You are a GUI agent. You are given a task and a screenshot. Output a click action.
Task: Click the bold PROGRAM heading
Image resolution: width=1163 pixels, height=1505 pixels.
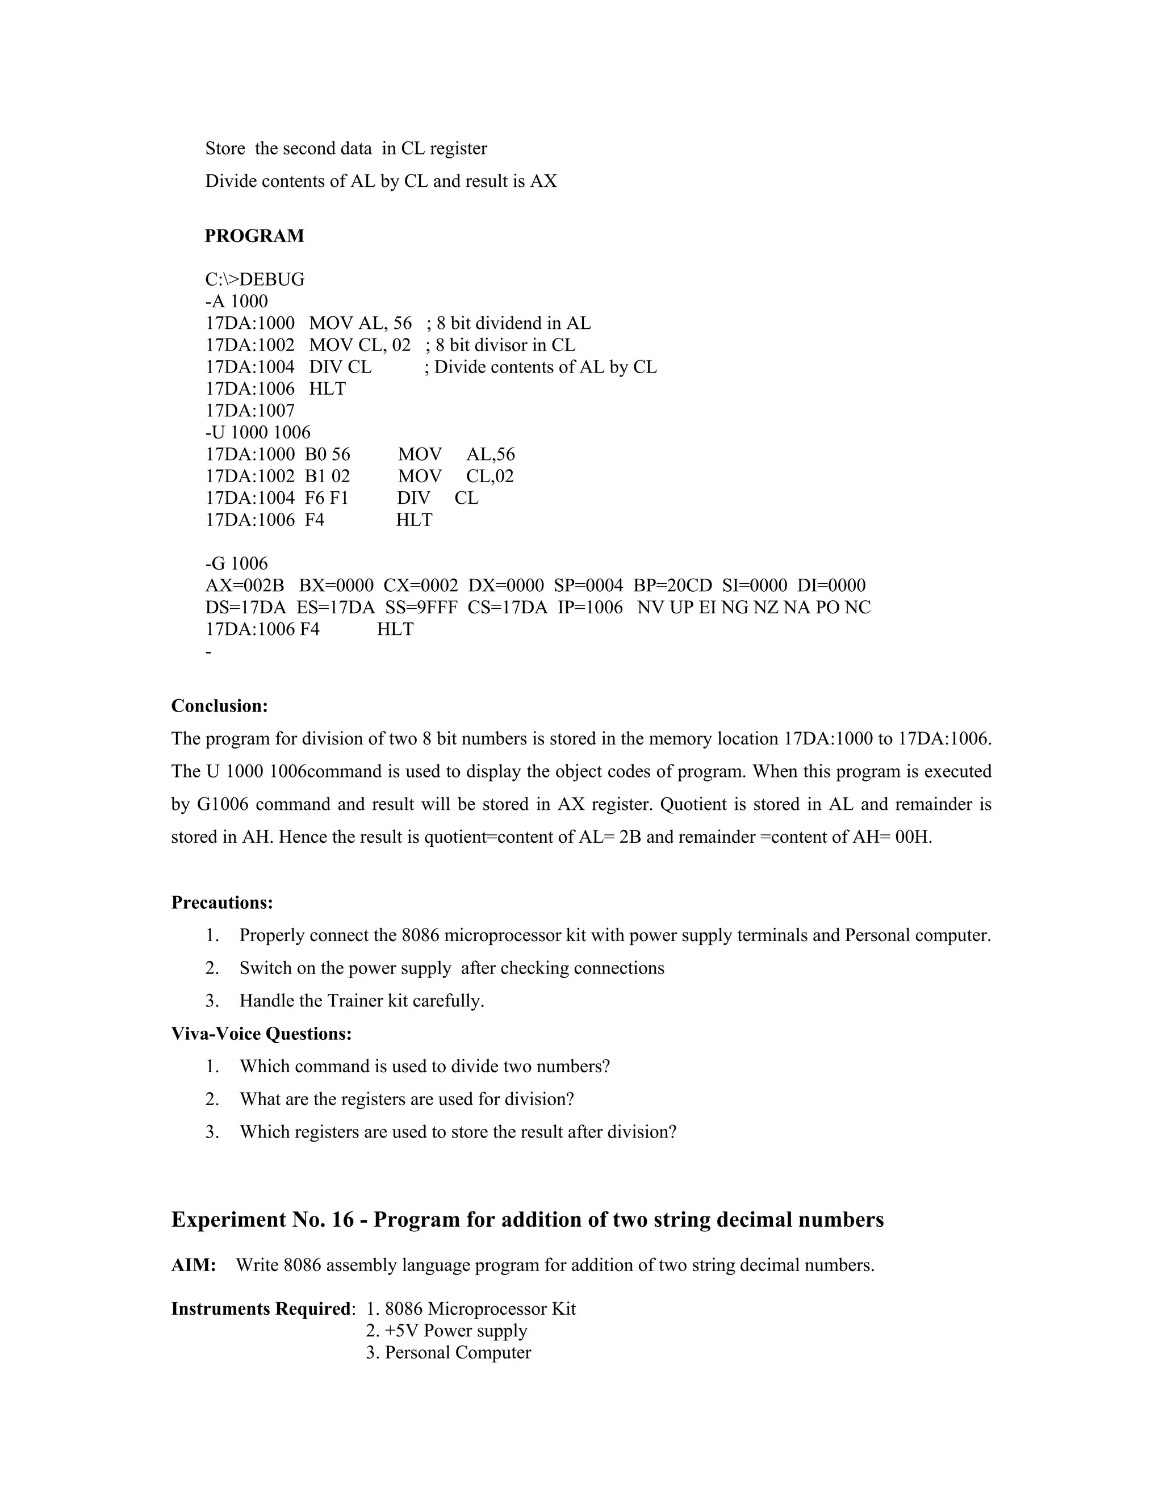[x=254, y=236]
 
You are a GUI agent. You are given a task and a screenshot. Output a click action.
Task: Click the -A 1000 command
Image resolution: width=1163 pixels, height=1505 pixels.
[x=236, y=301]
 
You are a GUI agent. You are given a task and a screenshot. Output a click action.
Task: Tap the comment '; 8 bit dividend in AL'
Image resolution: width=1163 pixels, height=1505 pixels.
[x=508, y=323]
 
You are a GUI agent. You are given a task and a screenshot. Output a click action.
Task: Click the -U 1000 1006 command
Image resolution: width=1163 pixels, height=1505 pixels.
[x=258, y=432]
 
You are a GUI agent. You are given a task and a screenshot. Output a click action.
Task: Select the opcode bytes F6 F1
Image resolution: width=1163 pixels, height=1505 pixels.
[x=327, y=498]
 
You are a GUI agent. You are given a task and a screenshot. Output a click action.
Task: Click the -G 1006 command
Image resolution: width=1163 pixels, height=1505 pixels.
[x=236, y=564]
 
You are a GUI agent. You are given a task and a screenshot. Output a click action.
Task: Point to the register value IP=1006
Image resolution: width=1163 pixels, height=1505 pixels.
[x=590, y=608]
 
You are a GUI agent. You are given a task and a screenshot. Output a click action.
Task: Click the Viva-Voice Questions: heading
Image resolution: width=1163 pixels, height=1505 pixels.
[x=261, y=1034]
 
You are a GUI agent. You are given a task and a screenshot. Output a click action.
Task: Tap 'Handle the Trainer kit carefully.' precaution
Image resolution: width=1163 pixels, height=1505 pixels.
[x=362, y=1001]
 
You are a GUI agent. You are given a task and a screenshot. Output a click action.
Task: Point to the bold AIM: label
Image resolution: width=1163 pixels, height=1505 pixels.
[x=194, y=1265]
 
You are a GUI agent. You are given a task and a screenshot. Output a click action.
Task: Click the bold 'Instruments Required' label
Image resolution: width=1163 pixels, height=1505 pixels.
[x=261, y=1308]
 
